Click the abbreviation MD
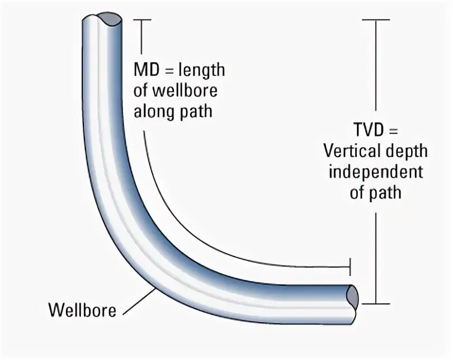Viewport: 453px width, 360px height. [x=145, y=71]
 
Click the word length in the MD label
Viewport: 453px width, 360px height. [x=201, y=71]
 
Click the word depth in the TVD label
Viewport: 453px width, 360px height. [x=408, y=151]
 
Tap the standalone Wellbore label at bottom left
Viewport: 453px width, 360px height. [x=82, y=309]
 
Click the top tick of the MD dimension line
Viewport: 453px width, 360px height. [x=143, y=20]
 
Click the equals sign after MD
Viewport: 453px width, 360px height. [x=168, y=71]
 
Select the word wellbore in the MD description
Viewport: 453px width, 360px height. [x=183, y=91]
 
